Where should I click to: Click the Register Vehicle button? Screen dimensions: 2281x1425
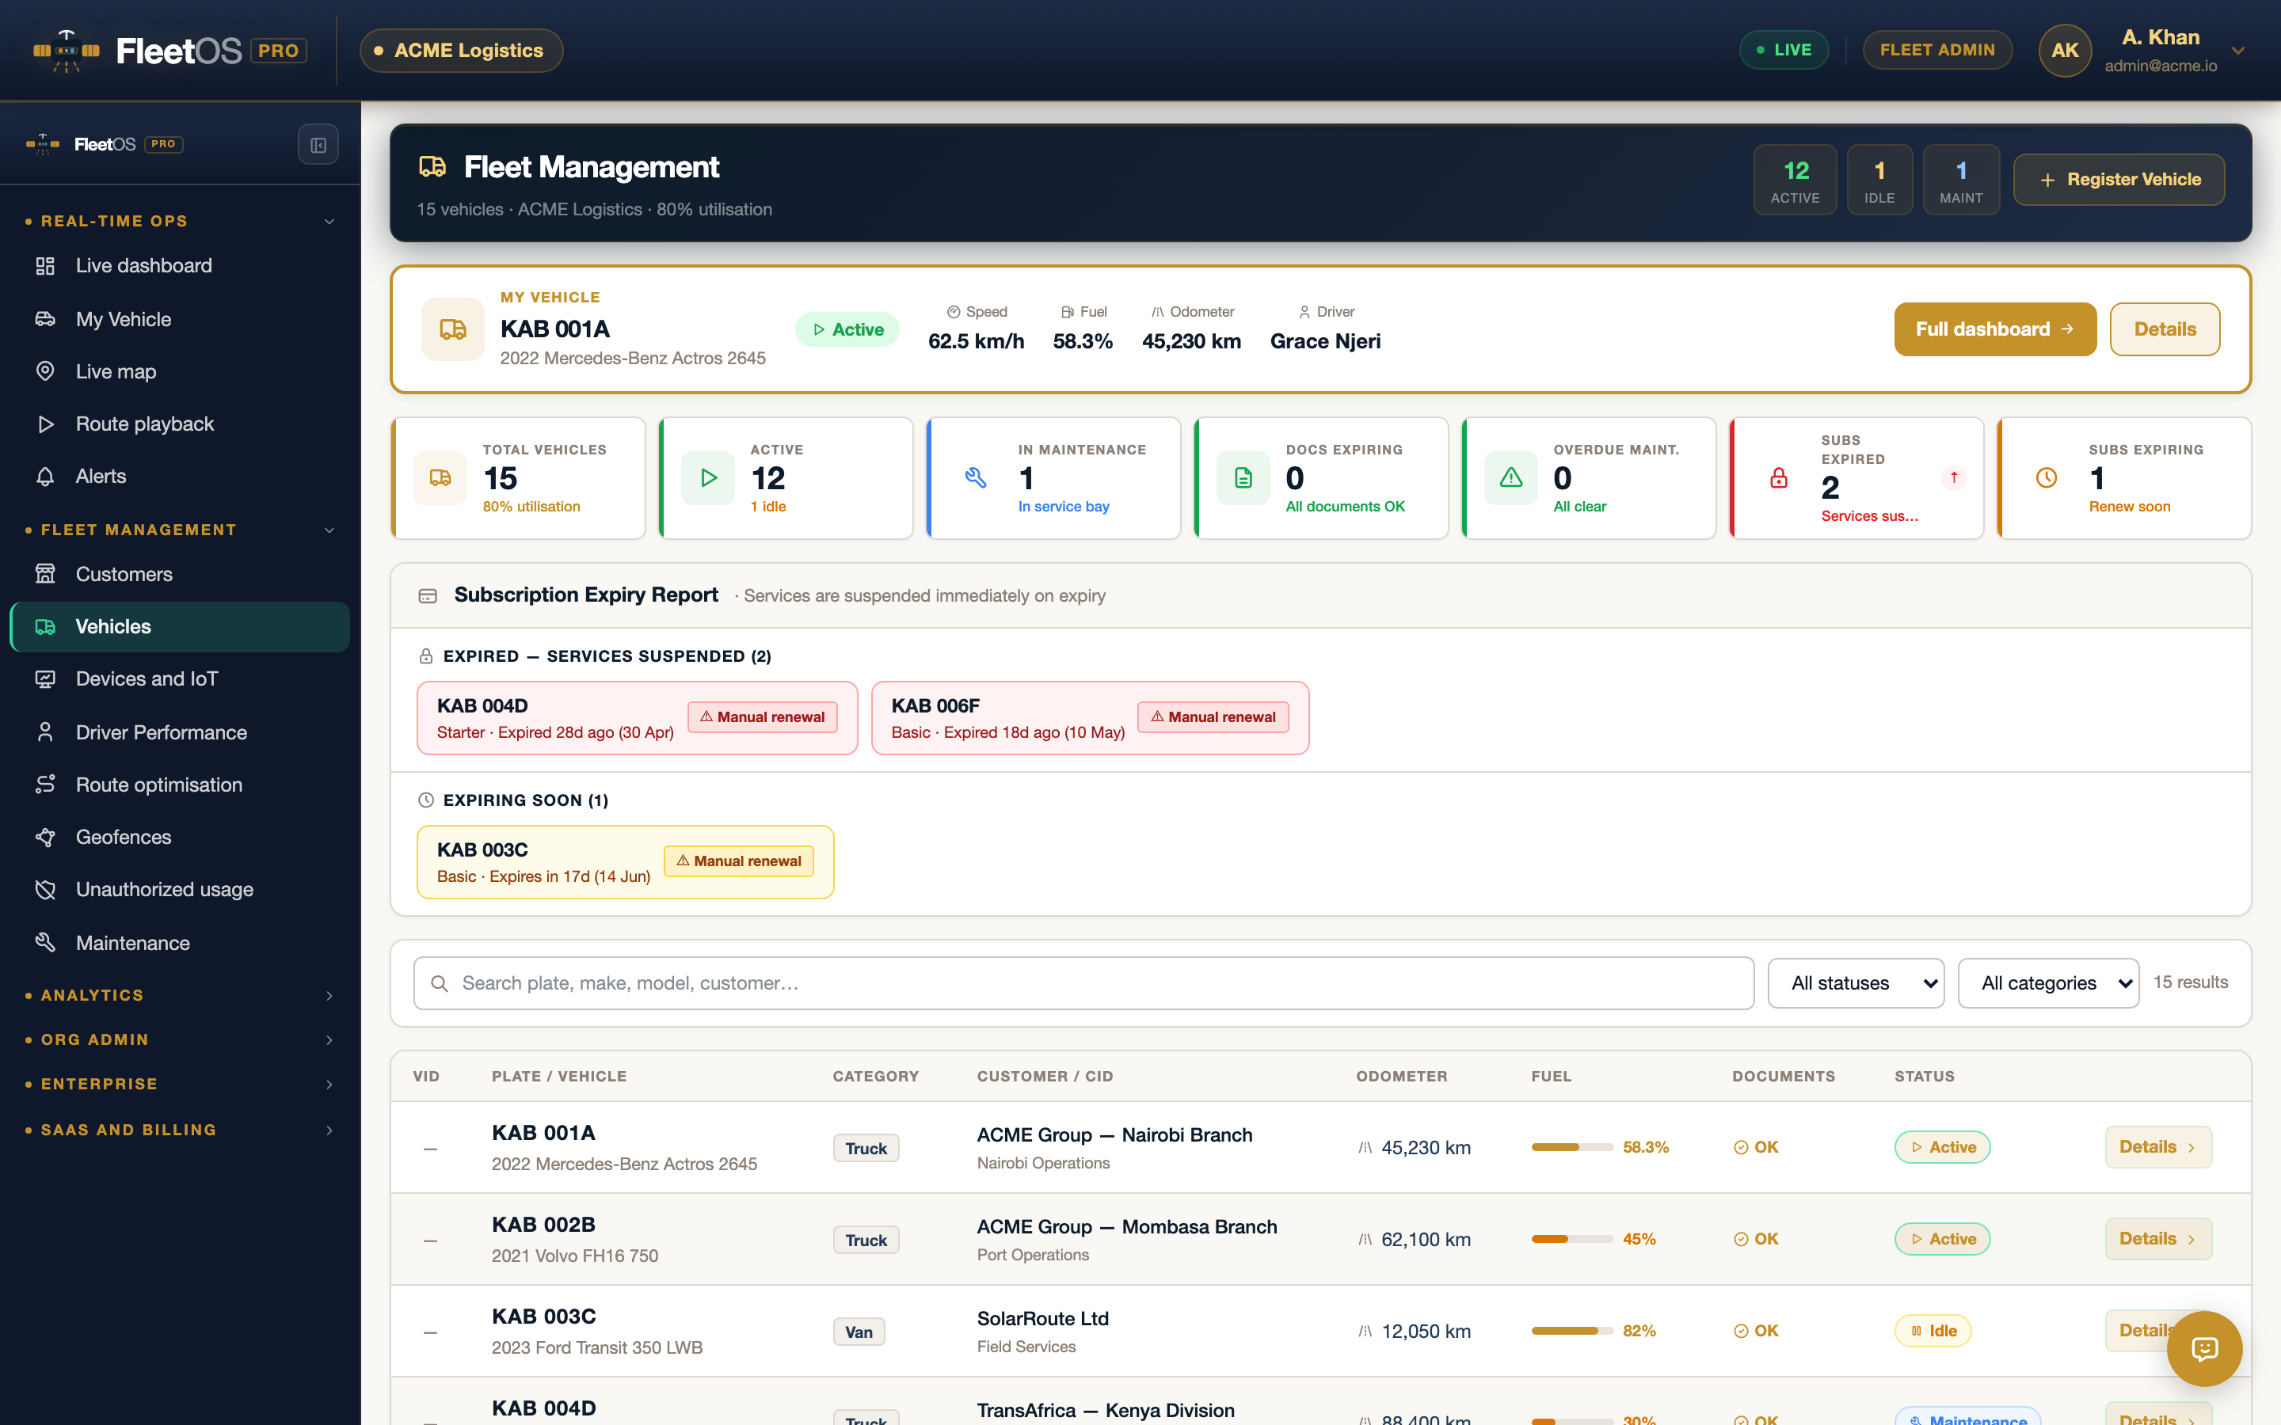coord(2119,179)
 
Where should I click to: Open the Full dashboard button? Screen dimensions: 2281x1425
coord(1994,329)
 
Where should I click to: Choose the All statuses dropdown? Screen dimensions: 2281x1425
coord(1855,983)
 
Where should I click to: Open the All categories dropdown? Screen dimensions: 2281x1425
coord(2047,983)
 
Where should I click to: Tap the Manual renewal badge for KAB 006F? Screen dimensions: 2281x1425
coord(1213,717)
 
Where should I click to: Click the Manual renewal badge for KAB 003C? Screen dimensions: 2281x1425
coord(739,861)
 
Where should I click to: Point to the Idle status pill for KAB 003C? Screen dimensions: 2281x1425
coord(1933,1331)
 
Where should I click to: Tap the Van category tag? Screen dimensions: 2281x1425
coord(859,1332)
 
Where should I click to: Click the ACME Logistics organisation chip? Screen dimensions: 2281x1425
coord(461,50)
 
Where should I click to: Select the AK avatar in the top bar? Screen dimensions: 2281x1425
coord(2064,50)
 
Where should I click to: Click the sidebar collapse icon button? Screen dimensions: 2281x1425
coord(318,145)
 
